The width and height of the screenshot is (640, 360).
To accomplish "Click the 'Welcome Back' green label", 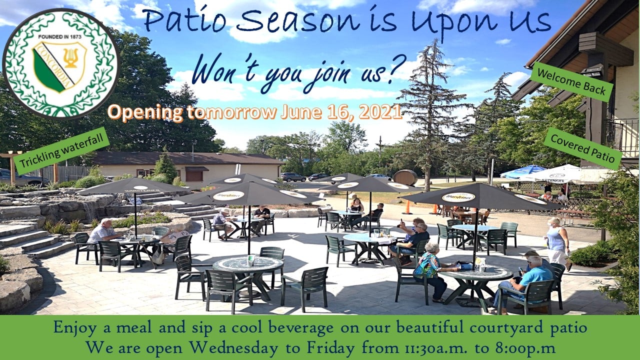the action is [x=571, y=82].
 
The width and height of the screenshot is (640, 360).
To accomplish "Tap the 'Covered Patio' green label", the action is [x=583, y=148].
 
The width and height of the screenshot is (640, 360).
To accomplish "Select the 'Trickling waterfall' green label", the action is [x=61, y=151].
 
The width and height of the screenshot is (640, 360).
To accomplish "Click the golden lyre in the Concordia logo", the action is [x=70, y=57].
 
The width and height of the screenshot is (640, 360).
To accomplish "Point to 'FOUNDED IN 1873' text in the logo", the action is [x=59, y=37].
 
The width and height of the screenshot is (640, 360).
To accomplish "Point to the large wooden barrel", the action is [x=405, y=177].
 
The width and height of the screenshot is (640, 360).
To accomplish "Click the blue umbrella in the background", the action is [x=522, y=171].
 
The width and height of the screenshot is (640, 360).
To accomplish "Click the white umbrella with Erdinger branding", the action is [x=557, y=174].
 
